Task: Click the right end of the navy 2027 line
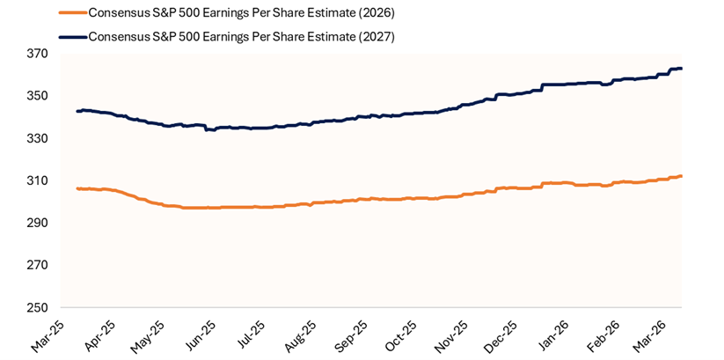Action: pyautogui.click(x=682, y=69)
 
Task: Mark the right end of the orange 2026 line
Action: pyautogui.click(x=682, y=176)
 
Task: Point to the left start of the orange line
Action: pyautogui.click(x=77, y=188)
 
